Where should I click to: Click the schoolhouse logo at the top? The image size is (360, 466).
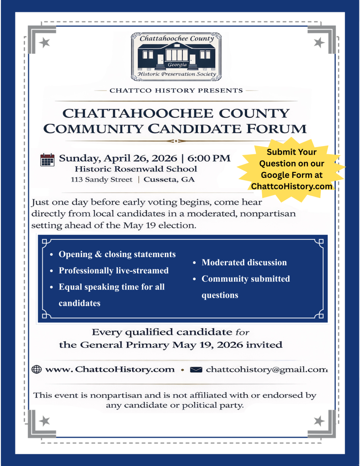point(176,55)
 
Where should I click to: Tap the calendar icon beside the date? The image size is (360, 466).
point(47,160)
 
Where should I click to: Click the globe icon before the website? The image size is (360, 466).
point(37,369)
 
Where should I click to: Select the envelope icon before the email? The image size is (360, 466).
point(196,369)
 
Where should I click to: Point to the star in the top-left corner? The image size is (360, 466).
point(45,43)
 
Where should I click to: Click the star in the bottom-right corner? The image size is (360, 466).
point(319,421)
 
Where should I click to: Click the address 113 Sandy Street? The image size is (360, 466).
point(101,179)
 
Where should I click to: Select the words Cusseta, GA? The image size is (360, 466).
point(169,179)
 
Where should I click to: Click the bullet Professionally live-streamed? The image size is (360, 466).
point(113,270)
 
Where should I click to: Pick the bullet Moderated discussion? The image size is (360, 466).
point(244,262)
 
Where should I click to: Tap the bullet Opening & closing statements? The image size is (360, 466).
point(117,254)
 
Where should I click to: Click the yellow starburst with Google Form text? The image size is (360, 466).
point(291,169)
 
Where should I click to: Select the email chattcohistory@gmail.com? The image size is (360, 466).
point(267,369)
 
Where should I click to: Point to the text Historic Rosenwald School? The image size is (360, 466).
point(136,169)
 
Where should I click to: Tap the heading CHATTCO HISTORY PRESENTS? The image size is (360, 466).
point(176,90)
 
